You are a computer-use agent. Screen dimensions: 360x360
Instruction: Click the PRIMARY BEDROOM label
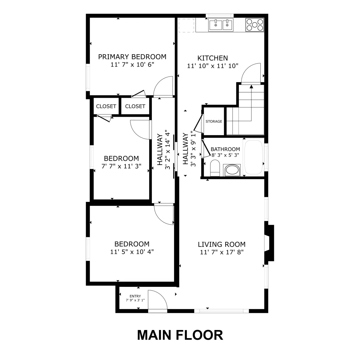[x=132, y=57]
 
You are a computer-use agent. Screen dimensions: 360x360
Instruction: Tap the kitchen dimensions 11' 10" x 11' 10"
[x=213, y=66]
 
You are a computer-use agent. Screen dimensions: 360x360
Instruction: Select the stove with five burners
[x=255, y=25]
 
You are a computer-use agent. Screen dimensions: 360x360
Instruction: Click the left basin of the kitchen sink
[x=216, y=25]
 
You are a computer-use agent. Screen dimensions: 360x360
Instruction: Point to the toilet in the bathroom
[x=215, y=168]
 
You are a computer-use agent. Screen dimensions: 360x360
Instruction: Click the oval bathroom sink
[x=232, y=170]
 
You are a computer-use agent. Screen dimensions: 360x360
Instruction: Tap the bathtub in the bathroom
[x=253, y=157]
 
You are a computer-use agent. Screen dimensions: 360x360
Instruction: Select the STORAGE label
[x=214, y=121]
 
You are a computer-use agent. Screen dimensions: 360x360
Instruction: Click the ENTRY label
[x=135, y=296]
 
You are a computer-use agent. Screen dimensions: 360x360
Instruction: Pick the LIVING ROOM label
[x=222, y=244]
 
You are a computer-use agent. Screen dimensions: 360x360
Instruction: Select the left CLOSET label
[x=106, y=106]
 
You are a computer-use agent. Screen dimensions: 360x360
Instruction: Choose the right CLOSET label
[x=135, y=106]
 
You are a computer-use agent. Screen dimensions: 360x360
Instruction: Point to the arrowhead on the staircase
[x=251, y=86]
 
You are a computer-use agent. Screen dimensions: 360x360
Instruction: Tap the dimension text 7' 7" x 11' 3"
[x=121, y=166]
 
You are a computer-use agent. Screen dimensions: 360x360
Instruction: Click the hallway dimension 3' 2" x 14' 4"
[x=168, y=150]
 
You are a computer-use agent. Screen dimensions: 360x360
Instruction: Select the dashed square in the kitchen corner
[x=186, y=25]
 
